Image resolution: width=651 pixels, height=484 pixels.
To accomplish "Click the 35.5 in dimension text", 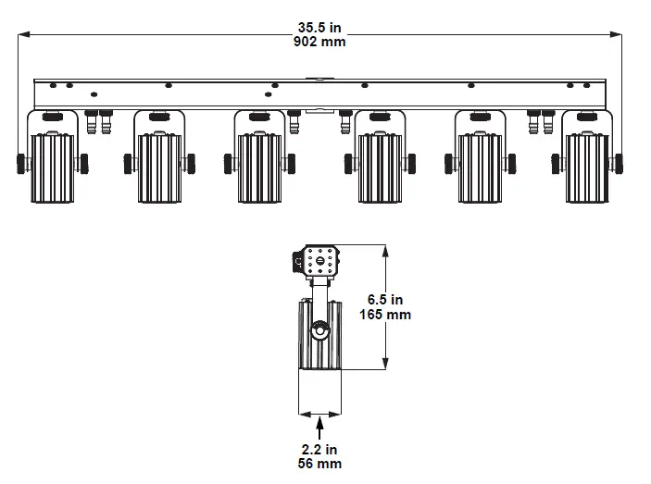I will point(319,28).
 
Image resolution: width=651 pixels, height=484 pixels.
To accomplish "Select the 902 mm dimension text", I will point(319,42).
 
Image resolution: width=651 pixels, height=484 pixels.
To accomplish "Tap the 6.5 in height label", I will point(385,300).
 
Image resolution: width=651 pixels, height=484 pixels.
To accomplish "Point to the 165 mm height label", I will point(385,315).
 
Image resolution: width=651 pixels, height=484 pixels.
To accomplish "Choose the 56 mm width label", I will point(319,463).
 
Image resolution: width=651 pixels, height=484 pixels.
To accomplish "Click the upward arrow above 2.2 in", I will point(319,428).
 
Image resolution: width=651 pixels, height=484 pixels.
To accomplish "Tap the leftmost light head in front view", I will point(53,167).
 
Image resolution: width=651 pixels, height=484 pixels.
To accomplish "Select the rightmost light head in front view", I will point(585,167).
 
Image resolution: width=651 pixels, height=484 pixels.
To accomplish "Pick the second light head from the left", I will point(157,167).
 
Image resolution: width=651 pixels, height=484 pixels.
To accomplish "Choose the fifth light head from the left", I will point(480,167).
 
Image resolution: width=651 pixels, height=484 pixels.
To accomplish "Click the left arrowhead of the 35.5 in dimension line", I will point(23,34).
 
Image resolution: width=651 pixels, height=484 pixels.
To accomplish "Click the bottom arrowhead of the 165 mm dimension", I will point(385,366).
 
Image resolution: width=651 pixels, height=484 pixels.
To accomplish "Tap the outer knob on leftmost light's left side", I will point(20,163).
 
